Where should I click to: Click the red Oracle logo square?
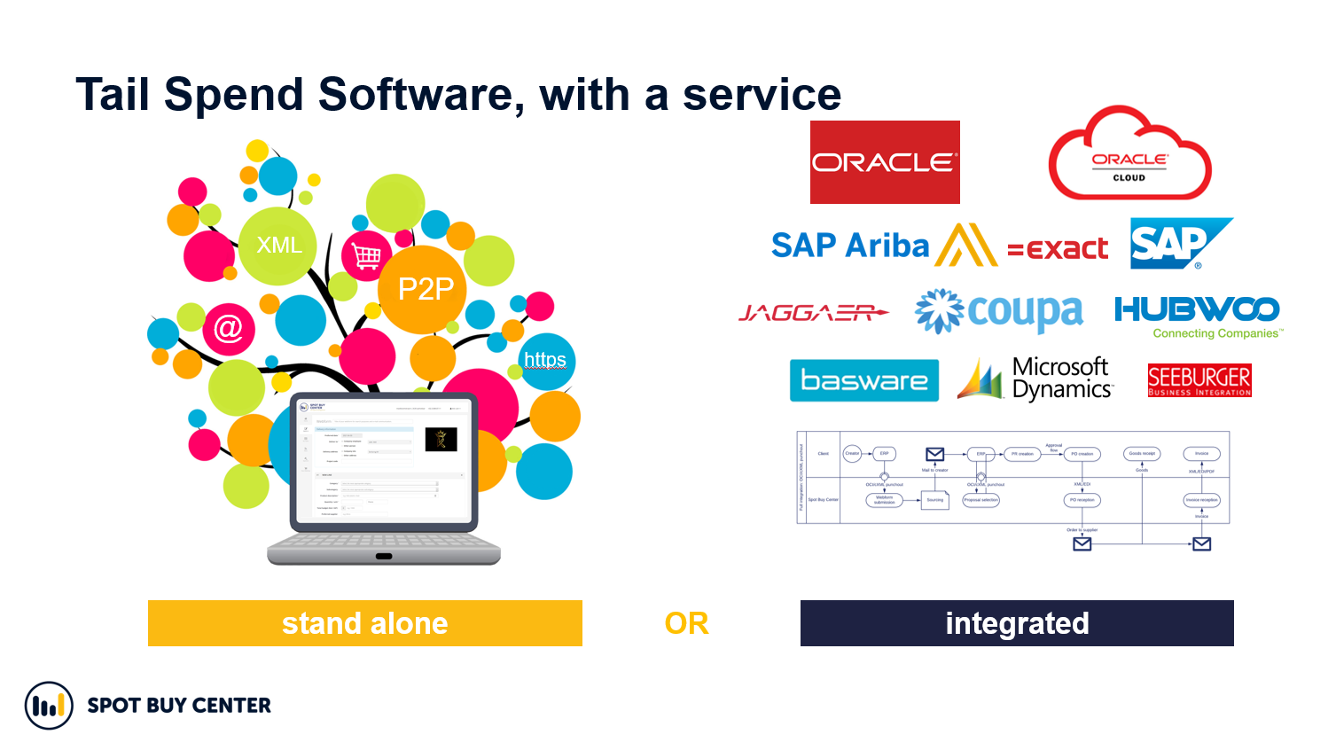(885, 162)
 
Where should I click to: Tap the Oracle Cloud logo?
(1129, 156)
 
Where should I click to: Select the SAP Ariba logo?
(883, 245)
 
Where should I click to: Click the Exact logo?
(1058, 248)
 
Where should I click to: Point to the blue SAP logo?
(1179, 243)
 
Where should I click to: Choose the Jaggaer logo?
(813, 313)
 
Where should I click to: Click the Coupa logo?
(999, 312)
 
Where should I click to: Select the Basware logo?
(863, 380)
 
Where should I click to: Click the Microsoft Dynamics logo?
(1035, 379)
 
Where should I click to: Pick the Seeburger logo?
(1199, 380)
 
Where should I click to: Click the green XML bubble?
(278, 246)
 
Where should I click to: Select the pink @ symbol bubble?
(229, 329)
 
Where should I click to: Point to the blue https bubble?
(545, 360)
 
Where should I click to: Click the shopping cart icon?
(366, 255)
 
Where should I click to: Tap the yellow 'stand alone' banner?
(364, 623)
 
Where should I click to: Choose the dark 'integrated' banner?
(1017, 623)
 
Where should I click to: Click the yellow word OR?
(686, 624)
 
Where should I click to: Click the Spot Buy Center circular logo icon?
(49, 706)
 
